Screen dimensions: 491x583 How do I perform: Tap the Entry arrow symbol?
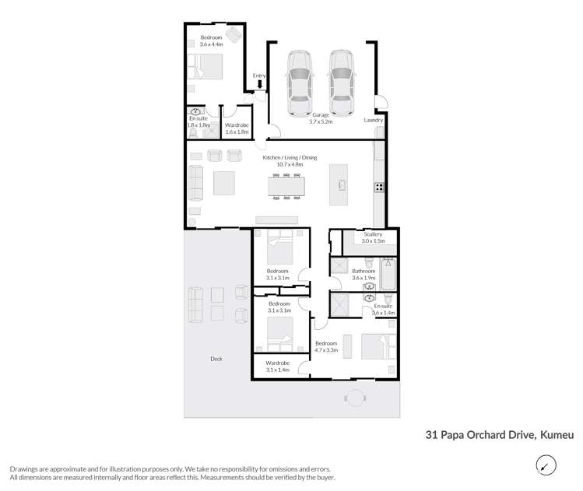(260, 84)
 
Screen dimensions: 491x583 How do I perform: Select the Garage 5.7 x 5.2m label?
(321, 118)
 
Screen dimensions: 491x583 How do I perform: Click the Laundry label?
(374, 120)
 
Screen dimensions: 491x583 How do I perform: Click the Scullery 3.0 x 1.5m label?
(373, 237)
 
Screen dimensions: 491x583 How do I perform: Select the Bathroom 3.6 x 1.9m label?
(363, 275)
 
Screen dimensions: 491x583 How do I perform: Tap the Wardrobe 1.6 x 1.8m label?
(237, 128)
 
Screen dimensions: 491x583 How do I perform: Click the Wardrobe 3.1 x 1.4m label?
(278, 366)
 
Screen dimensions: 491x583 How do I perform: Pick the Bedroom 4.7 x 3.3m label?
(326, 347)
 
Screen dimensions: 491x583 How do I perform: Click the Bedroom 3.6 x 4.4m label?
(211, 41)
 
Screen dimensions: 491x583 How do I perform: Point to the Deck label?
(216, 359)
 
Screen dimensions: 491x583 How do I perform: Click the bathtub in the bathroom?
(388, 273)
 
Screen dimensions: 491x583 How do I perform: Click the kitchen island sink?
(340, 185)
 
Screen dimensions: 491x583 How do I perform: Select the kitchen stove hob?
(379, 187)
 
